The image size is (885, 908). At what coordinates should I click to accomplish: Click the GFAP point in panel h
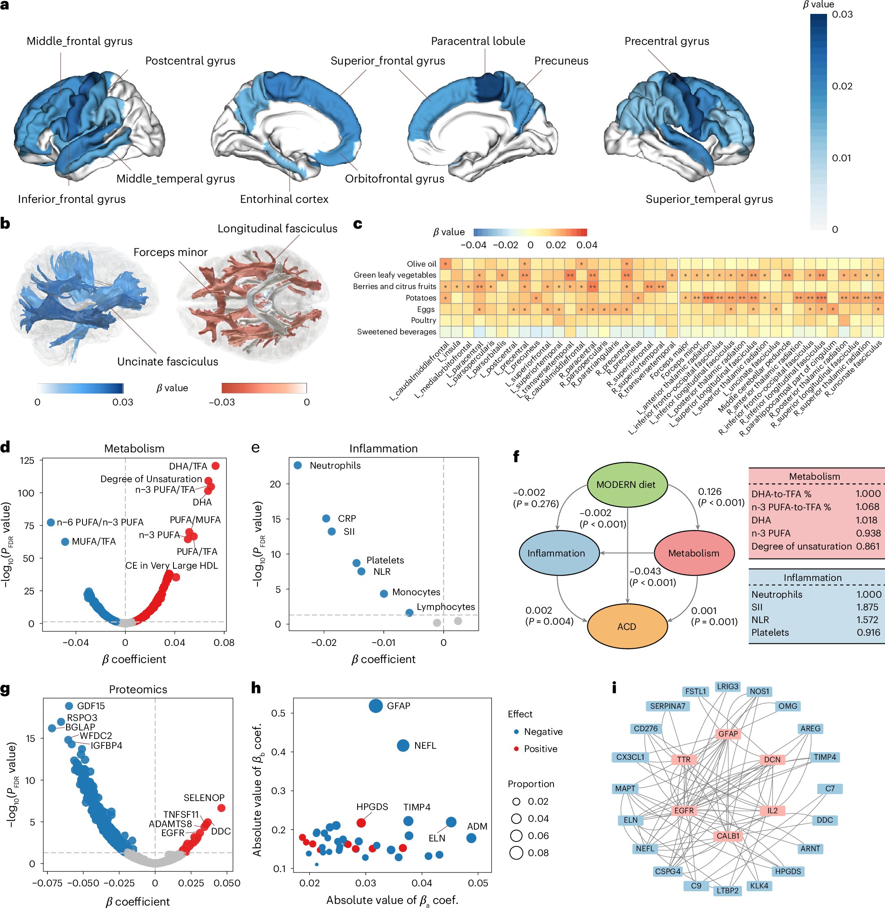coord(376,706)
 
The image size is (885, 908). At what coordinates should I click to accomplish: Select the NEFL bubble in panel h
coord(403,745)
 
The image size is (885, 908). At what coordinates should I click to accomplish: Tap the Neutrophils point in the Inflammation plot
coord(298,465)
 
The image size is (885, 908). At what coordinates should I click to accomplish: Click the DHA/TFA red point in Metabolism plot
coord(215,466)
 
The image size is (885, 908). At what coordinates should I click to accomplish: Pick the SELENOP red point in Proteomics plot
coord(222,808)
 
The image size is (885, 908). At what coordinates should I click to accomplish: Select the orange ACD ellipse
coord(627,626)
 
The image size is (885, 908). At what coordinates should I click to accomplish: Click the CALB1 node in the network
coord(728,836)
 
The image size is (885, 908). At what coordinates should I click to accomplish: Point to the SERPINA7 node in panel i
coord(667,706)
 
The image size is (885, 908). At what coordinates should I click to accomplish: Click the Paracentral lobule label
coord(478,41)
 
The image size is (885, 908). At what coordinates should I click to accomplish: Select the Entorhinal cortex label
coord(284,199)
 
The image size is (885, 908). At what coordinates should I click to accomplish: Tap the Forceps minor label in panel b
coord(170,252)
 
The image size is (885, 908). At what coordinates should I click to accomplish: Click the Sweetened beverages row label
coord(396,332)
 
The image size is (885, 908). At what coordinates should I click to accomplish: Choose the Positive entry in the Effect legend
coord(540,748)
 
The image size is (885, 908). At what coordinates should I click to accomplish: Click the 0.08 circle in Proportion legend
coord(516,852)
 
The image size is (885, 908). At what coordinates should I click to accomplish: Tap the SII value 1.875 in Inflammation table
coord(867,607)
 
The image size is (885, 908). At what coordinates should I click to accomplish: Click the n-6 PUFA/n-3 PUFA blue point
coord(51,522)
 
